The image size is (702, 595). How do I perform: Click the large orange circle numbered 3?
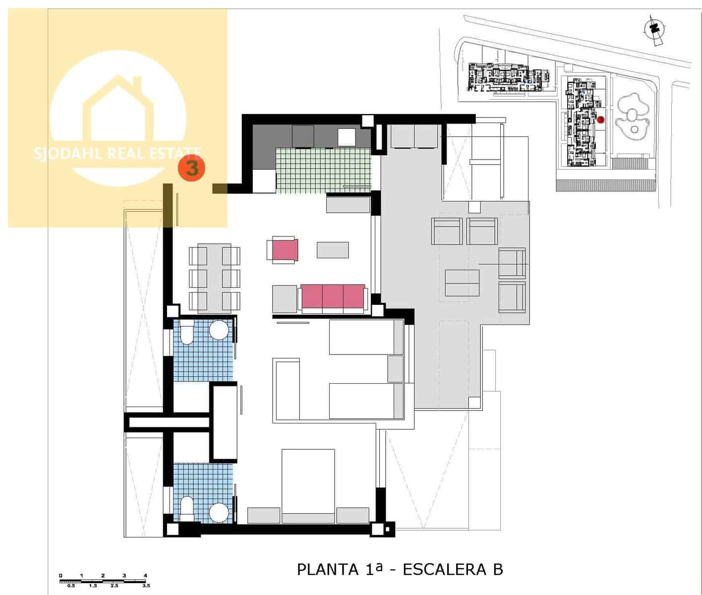point(192,168)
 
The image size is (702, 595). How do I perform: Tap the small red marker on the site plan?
point(600,119)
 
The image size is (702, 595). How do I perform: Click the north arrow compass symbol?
point(655,29)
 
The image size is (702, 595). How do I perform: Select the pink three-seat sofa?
point(333,297)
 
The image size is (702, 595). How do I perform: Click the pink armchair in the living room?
point(284,249)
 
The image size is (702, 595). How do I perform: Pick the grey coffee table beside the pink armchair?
point(333,249)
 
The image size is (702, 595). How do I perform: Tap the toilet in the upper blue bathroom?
point(187,332)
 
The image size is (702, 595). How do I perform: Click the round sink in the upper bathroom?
point(219,330)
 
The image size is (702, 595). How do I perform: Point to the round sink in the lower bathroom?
point(218,512)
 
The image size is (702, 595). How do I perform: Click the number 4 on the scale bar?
point(145,576)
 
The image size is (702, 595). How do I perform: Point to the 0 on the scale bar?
point(60,576)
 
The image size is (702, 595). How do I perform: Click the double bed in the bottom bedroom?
point(308,486)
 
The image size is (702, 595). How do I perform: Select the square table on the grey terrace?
point(462,283)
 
